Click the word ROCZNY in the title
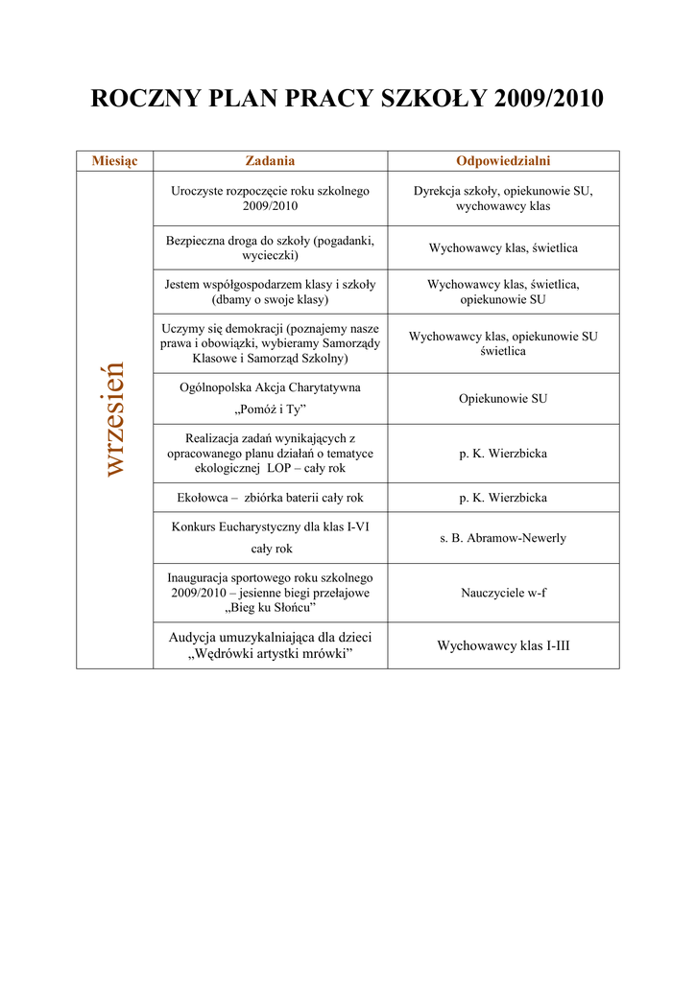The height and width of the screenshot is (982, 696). pyautogui.click(x=140, y=99)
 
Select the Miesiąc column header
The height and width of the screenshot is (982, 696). pyautogui.click(x=114, y=161)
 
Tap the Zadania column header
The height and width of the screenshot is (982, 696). pyautogui.click(x=270, y=161)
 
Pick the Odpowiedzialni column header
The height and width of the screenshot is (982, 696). pyautogui.click(x=503, y=161)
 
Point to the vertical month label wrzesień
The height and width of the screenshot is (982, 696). pyautogui.click(x=114, y=418)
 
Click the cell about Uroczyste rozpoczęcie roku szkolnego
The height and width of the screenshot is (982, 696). pyautogui.click(x=270, y=199)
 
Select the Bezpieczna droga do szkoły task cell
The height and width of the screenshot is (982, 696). pyautogui.click(x=270, y=247)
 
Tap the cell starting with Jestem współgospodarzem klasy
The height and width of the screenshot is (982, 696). pyautogui.click(x=270, y=292)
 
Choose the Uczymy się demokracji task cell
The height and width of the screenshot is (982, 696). pyautogui.click(x=270, y=343)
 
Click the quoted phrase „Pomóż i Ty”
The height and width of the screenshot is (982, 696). pyautogui.click(x=270, y=409)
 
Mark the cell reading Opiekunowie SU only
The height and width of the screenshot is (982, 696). pyautogui.click(x=503, y=398)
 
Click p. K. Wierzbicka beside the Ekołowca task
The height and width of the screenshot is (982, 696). pyautogui.click(x=503, y=498)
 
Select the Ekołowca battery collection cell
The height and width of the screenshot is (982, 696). pyautogui.click(x=270, y=498)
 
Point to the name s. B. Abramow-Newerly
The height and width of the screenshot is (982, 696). pyautogui.click(x=503, y=538)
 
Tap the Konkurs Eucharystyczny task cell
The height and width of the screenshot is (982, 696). pyautogui.click(x=270, y=537)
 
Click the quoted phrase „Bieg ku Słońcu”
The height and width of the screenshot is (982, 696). pyautogui.click(x=270, y=607)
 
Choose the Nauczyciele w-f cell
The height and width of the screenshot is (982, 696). pyautogui.click(x=503, y=593)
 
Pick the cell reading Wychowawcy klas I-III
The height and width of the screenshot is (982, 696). pyautogui.click(x=503, y=645)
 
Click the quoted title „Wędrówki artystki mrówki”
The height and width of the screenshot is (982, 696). pyautogui.click(x=270, y=655)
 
